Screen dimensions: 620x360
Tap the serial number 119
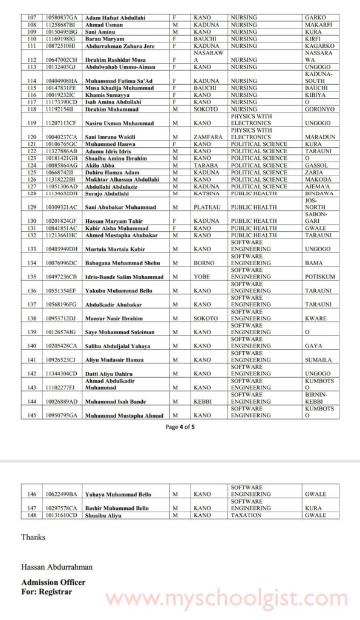[31, 123]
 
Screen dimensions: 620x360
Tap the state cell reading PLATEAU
[208, 207]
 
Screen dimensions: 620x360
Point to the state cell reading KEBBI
[204, 401]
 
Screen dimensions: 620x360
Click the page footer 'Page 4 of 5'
[180, 426]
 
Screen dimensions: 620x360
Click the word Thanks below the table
[33, 537]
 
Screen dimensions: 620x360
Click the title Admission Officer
[53, 582]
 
